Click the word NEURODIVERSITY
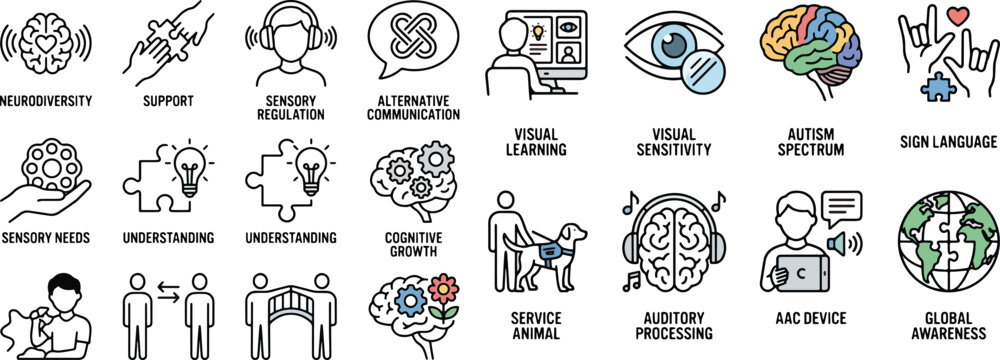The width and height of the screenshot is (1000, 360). click(47, 101)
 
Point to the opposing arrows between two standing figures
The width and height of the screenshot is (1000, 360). click(168, 295)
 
